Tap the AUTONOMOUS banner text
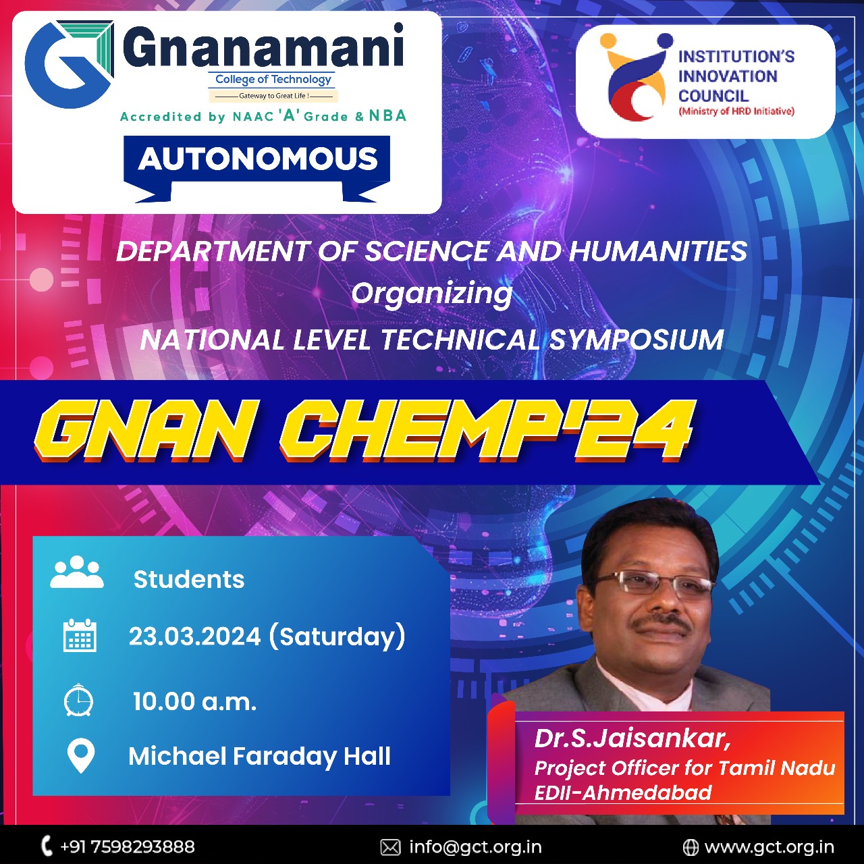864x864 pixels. pos(257,159)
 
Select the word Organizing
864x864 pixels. pos(431,294)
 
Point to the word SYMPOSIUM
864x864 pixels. pos(637,340)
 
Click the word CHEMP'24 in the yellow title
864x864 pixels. pos(487,431)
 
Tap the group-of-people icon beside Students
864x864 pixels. pos(77,572)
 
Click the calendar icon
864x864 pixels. pos(80,635)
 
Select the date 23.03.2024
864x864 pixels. pos(194,636)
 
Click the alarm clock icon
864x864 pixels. pos(78,700)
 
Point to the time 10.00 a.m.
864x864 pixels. pos(194,702)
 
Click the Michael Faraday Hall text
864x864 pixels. pos(259,757)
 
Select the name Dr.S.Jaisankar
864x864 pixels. pos(632,738)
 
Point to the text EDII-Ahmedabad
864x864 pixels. pos(622,792)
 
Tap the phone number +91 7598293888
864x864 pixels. pos(128,847)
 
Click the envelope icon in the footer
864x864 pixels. pos(391,847)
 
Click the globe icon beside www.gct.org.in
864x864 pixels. pos(691,847)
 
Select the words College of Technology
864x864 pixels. pos(273,80)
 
